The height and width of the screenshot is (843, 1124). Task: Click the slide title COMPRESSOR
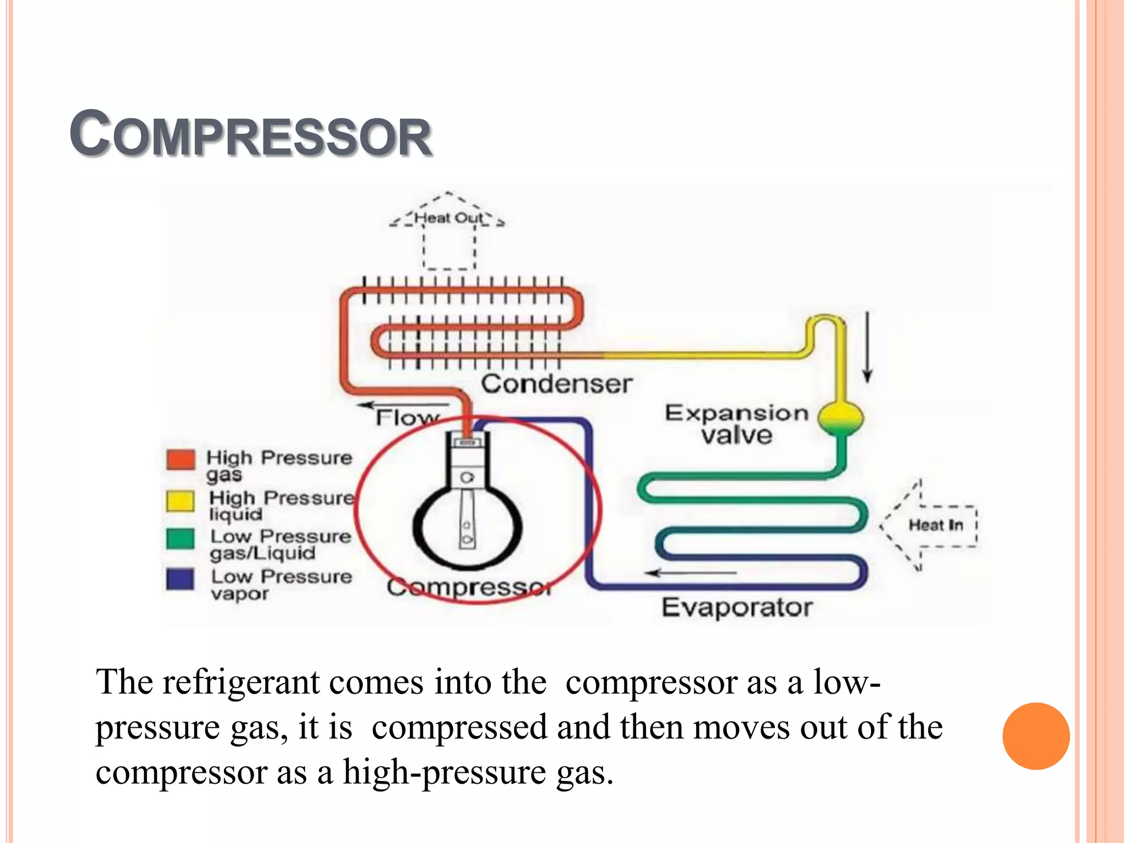pyautogui.click(x=251, y=134)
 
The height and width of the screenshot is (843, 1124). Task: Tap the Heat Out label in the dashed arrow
pyautogui.click(x=448, y=218)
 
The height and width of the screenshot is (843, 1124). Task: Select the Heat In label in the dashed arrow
pyautogui.click(x=936, y=525)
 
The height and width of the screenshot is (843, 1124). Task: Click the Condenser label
pyautogui.click(x=557, y=384)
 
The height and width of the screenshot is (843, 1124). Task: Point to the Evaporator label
pyautogui.click(x=737, y=608)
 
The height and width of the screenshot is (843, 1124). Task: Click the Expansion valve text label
pyautogui.click(x=737, y=424)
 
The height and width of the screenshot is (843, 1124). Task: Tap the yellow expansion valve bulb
pyautogui.click(x=840, y=417)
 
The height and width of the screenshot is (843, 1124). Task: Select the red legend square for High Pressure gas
pyautogui.click(x=181, y=460)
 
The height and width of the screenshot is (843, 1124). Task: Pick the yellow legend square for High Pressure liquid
pyautogui.click(x=180, y=501)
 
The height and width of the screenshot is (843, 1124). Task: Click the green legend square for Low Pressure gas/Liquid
pyautogui.click(x=180, y=538)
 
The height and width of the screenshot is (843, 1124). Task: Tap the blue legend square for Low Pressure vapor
pyautogui.click(x=180, y=579)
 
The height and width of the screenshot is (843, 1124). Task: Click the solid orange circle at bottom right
pyautogui.click(x=1036, y=736)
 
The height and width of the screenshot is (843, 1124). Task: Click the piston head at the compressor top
pyautogui.click(x=468, y=442)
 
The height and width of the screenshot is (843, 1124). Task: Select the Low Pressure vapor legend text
pyautogui.click(x=282, y=585)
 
